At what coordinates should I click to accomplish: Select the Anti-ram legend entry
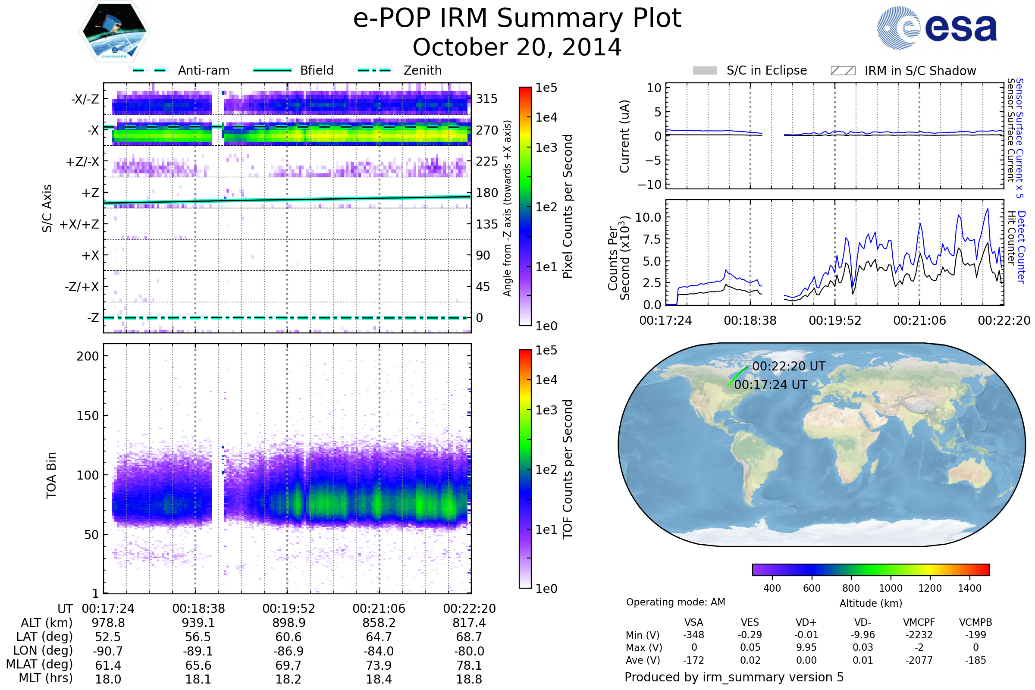pos(203,70)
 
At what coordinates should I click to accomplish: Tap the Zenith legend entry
pos(422,70)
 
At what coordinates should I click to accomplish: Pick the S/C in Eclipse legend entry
pos(766,70)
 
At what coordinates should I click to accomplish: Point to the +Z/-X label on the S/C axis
pos(82,162)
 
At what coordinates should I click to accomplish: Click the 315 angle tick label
pos(486,99)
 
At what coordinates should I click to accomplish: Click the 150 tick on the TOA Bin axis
pos(88,416)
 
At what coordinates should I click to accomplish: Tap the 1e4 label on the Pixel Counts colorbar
pos(546,117)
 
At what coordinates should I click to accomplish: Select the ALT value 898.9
pos(289,623)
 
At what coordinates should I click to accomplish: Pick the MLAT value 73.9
pos(379,665)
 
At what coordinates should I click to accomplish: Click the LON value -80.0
pos(469,651)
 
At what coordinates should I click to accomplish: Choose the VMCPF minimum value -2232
pos(919,635)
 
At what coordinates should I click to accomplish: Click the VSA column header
pos(693,623)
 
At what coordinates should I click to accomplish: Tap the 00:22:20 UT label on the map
pos(789,367)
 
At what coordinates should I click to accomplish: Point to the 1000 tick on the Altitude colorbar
pos(890,588)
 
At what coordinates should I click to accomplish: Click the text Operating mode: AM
pos(675,602)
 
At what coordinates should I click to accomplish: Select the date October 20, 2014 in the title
pos(517,47)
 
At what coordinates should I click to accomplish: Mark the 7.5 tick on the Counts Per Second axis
pos(651,239)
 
